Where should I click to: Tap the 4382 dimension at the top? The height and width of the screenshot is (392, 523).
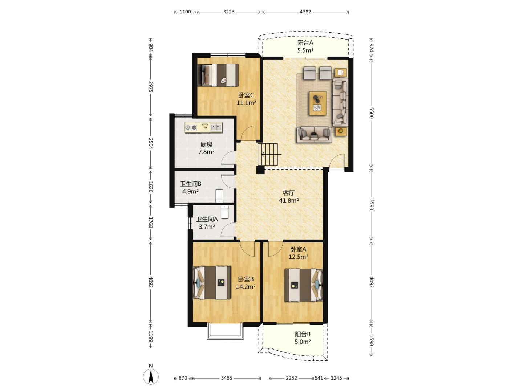[305, 12]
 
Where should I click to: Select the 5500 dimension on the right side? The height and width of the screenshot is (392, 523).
[371, 113]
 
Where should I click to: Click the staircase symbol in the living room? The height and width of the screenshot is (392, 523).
[268, 154]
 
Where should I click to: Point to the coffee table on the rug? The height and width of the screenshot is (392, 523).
[317, 103]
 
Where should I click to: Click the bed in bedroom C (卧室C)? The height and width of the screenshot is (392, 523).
[218, 75]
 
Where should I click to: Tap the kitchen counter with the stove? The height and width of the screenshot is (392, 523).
[203, 127]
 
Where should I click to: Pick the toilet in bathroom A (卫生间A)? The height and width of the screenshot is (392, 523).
[224, 212]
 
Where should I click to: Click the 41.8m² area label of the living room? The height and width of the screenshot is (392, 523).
[289, 200]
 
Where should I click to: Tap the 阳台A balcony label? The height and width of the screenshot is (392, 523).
[305, 43]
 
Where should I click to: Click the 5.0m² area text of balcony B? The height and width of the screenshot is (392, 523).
[303, 342]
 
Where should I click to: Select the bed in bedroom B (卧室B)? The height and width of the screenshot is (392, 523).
[212, 282]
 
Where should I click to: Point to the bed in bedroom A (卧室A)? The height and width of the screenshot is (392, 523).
[304, 285]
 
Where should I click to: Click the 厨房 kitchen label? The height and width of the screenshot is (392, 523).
[206, 144]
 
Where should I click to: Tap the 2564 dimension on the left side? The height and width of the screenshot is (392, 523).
[151, 143]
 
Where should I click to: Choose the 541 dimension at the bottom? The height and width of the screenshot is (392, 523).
[319, 378]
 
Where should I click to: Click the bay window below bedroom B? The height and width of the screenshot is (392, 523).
[225, 331]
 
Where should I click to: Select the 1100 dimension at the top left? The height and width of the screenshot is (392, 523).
[185, 12]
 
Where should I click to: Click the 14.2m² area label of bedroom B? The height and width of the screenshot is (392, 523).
[246, 287]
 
